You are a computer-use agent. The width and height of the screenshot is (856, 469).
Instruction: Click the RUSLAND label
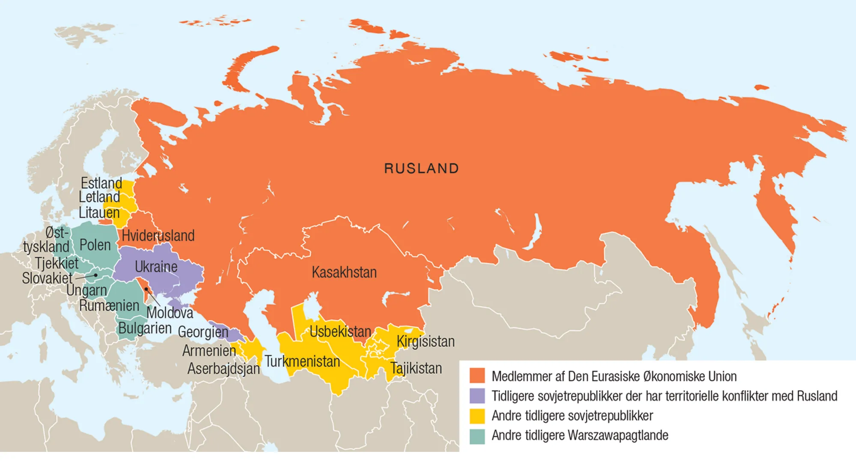(x=421, y=168)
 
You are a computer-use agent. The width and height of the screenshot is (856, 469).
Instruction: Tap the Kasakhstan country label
(x=344, y=272)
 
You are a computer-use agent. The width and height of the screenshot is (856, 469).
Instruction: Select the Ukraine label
(x=156, y=267)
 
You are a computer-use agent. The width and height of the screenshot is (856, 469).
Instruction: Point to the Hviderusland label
(x=158, y=235)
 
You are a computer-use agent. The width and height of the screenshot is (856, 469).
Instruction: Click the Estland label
(x=101, y=183)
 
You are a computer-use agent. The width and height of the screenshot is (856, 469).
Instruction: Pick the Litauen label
(x=99, y=212)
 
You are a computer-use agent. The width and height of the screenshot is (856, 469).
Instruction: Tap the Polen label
(x=95, y=245)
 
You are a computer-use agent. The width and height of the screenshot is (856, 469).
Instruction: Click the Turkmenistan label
(x=302, y=361)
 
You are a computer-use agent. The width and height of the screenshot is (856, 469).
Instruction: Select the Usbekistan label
(x=340, y=331)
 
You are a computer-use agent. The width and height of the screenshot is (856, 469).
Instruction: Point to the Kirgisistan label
(x=425, y=341)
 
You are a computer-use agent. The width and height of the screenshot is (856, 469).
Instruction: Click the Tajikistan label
(x=416, y=368)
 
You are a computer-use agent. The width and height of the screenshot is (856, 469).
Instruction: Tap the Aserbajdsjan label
(x=223, y=368)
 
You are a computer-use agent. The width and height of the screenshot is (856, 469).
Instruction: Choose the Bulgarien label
(x=145, y=328)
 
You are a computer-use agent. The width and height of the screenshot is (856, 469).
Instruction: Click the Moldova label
(x=170, y=313)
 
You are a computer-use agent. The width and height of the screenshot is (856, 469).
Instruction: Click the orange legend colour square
(x=477, y=376)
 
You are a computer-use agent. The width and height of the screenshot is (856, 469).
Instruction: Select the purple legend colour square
(x=477, y=395)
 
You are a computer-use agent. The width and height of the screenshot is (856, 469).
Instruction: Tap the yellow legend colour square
(x=477, y=416)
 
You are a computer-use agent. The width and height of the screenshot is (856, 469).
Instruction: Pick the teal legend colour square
(x=477, y=436)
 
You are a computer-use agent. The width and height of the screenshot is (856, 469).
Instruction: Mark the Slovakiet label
(x=47, y=278)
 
